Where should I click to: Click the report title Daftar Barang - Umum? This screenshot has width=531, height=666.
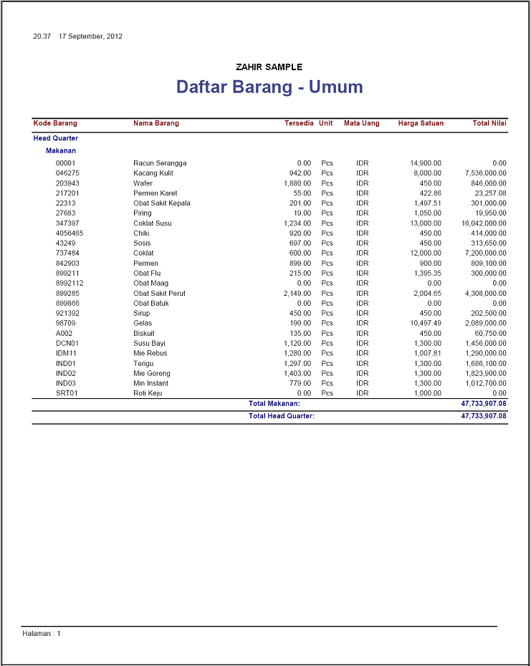[x=269, y=87]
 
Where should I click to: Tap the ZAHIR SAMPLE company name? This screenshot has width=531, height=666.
[x=269, y=67]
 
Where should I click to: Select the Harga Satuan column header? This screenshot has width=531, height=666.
[x=421, y=123]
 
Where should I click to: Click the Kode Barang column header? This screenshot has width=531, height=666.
[x=55, y=123]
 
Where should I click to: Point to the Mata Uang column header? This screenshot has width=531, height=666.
[x=361, y=123]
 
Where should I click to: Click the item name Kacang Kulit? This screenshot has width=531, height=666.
[x=153, y=173]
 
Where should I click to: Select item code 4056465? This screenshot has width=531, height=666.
[x=70, y=233]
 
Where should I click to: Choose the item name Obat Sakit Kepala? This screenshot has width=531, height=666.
[x=162, y=203]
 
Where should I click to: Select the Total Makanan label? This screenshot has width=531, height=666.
[x=274, y=404]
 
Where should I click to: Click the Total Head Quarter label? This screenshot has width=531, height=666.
[x=282, y=415]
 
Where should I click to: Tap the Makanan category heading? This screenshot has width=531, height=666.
[x=61, y=151]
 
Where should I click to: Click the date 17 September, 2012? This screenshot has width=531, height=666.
[x=90, y=36]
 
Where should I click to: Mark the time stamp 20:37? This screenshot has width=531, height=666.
[x=42, y=36]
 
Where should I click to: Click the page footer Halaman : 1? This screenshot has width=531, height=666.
[x=42, y=634]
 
